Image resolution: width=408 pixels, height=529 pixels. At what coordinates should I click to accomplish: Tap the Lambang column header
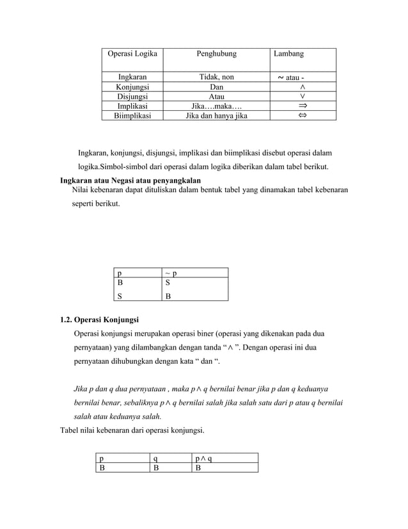[288, 54]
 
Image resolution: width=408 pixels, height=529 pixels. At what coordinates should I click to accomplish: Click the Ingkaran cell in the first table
[130, 77]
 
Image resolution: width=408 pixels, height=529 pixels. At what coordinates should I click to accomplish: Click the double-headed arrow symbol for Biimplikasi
[302, 116]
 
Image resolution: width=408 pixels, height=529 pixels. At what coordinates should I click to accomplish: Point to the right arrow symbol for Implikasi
[302, 106]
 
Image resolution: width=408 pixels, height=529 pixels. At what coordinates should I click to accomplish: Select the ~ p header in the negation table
[171, 273]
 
